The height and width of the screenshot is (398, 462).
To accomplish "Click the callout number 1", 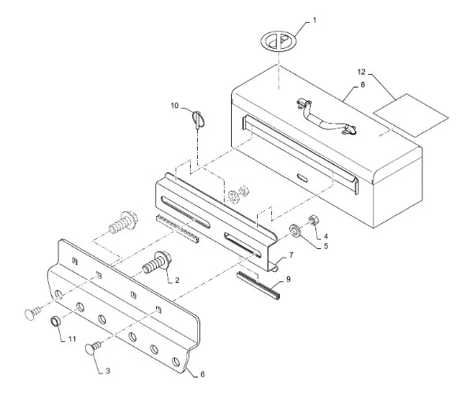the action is click(315, 20).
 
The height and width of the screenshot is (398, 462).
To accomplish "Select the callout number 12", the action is click(362, 72).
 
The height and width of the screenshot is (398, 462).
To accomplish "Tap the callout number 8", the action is click(363, 84).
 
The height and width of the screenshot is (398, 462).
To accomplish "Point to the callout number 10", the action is click(175, 106).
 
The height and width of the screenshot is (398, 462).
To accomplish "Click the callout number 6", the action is click(203, 374).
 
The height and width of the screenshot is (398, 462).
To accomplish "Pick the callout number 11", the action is click(73, 339).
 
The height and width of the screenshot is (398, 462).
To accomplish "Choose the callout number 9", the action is click(289, 279).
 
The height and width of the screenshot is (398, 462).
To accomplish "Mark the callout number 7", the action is click(291, 255).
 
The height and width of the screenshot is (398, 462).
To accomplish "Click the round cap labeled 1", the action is click(278, 41).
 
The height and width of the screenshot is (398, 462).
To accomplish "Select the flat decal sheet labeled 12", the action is click(411, 116).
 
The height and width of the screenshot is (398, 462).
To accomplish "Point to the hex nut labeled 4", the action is click(313, 220).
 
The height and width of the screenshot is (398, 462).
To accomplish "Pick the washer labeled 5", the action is click(295, 230).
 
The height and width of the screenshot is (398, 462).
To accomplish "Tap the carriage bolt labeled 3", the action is click(92, 348).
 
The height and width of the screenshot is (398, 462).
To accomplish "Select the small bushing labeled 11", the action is click(55, 321).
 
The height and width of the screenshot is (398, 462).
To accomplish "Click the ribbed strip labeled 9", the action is click(259, 285).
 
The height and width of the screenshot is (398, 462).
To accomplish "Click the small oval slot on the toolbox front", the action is click(303, 177).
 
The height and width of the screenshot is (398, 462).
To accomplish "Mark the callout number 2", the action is click(177, 280).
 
